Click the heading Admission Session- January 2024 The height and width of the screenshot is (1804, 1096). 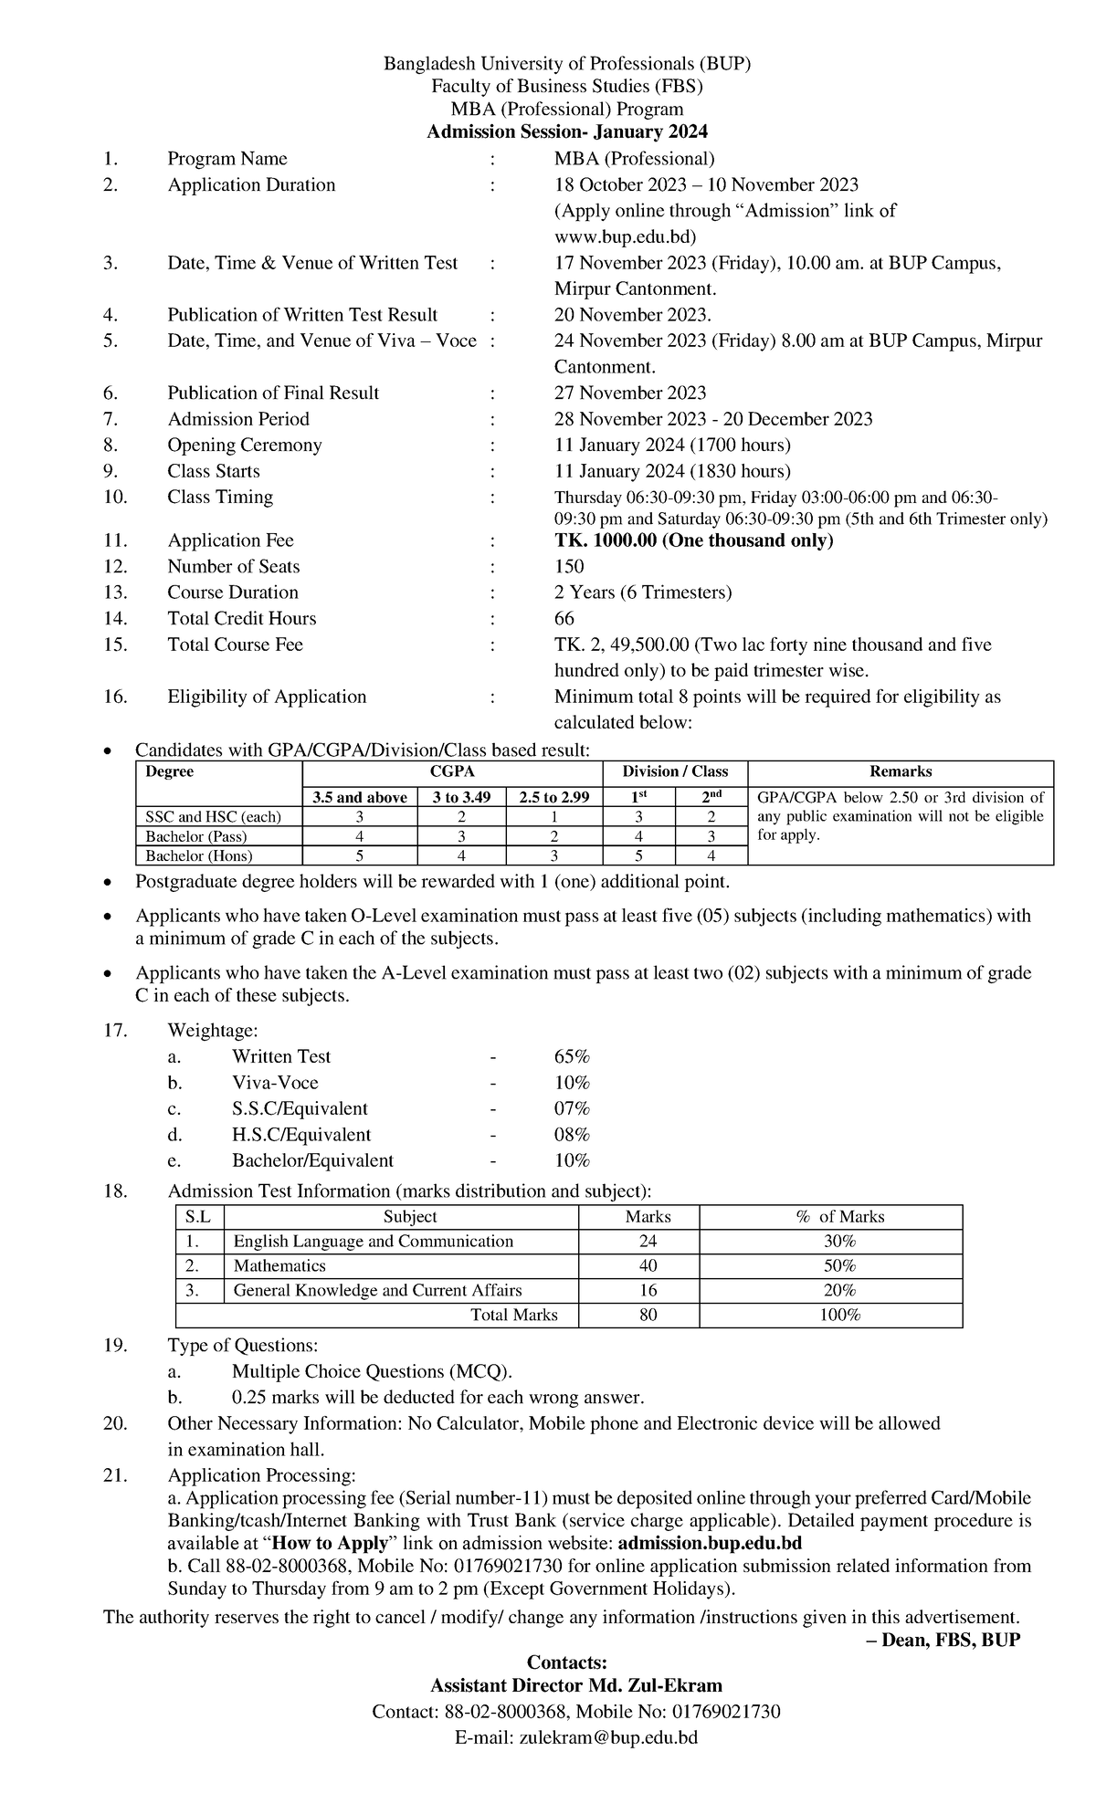coord(567,132)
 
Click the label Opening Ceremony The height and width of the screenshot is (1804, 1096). coord(245,446)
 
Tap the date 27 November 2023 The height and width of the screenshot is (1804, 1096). coord(630,393)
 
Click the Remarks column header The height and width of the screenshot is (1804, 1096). coord(901,771)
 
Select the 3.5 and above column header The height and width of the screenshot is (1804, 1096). coord(359,797)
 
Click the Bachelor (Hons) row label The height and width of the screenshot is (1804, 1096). coord(199,856)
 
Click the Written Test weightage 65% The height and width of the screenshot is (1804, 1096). coord(572,1057)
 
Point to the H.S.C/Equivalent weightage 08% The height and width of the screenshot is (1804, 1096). coord(572,1135)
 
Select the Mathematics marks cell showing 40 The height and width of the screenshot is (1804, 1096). coord(648,1266)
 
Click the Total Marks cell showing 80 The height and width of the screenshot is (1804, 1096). coord(648,1316)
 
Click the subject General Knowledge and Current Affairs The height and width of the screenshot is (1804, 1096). coord(377,1291)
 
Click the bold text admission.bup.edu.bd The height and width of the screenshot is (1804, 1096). coord(710,1544)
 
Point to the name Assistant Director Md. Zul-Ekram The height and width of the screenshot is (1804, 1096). coord(576,1686)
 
